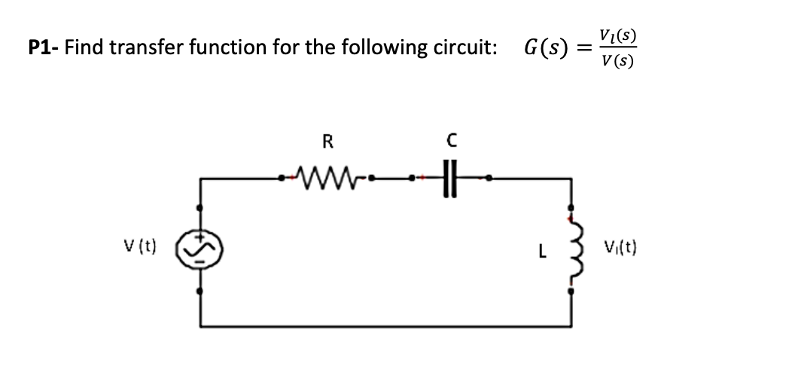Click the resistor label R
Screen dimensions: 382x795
[x=327, y=141]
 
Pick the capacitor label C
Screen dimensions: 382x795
[x=450, y=141]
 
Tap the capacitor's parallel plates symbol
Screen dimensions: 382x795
[x=450, y=179]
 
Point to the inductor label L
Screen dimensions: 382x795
[x=542, y=249]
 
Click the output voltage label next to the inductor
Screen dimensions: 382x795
[x=620, y=246]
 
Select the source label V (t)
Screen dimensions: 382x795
[x=140, y=246]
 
